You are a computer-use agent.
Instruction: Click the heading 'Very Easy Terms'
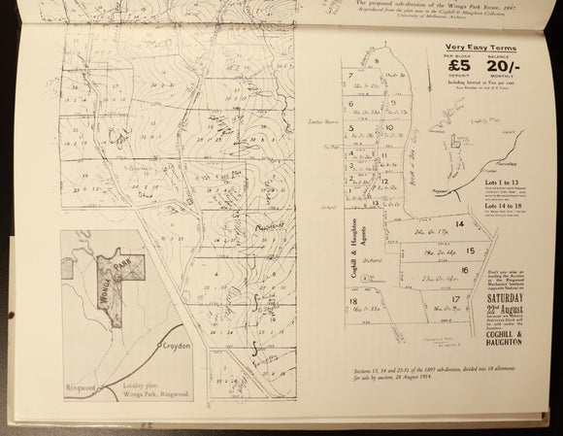click(480, 48)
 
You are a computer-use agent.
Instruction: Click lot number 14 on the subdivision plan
click(460, 224)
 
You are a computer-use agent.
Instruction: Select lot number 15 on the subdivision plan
click(469, 251)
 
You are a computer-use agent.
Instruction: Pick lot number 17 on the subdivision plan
click(454, 300)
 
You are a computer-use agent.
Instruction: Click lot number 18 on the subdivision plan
click(352, 302)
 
